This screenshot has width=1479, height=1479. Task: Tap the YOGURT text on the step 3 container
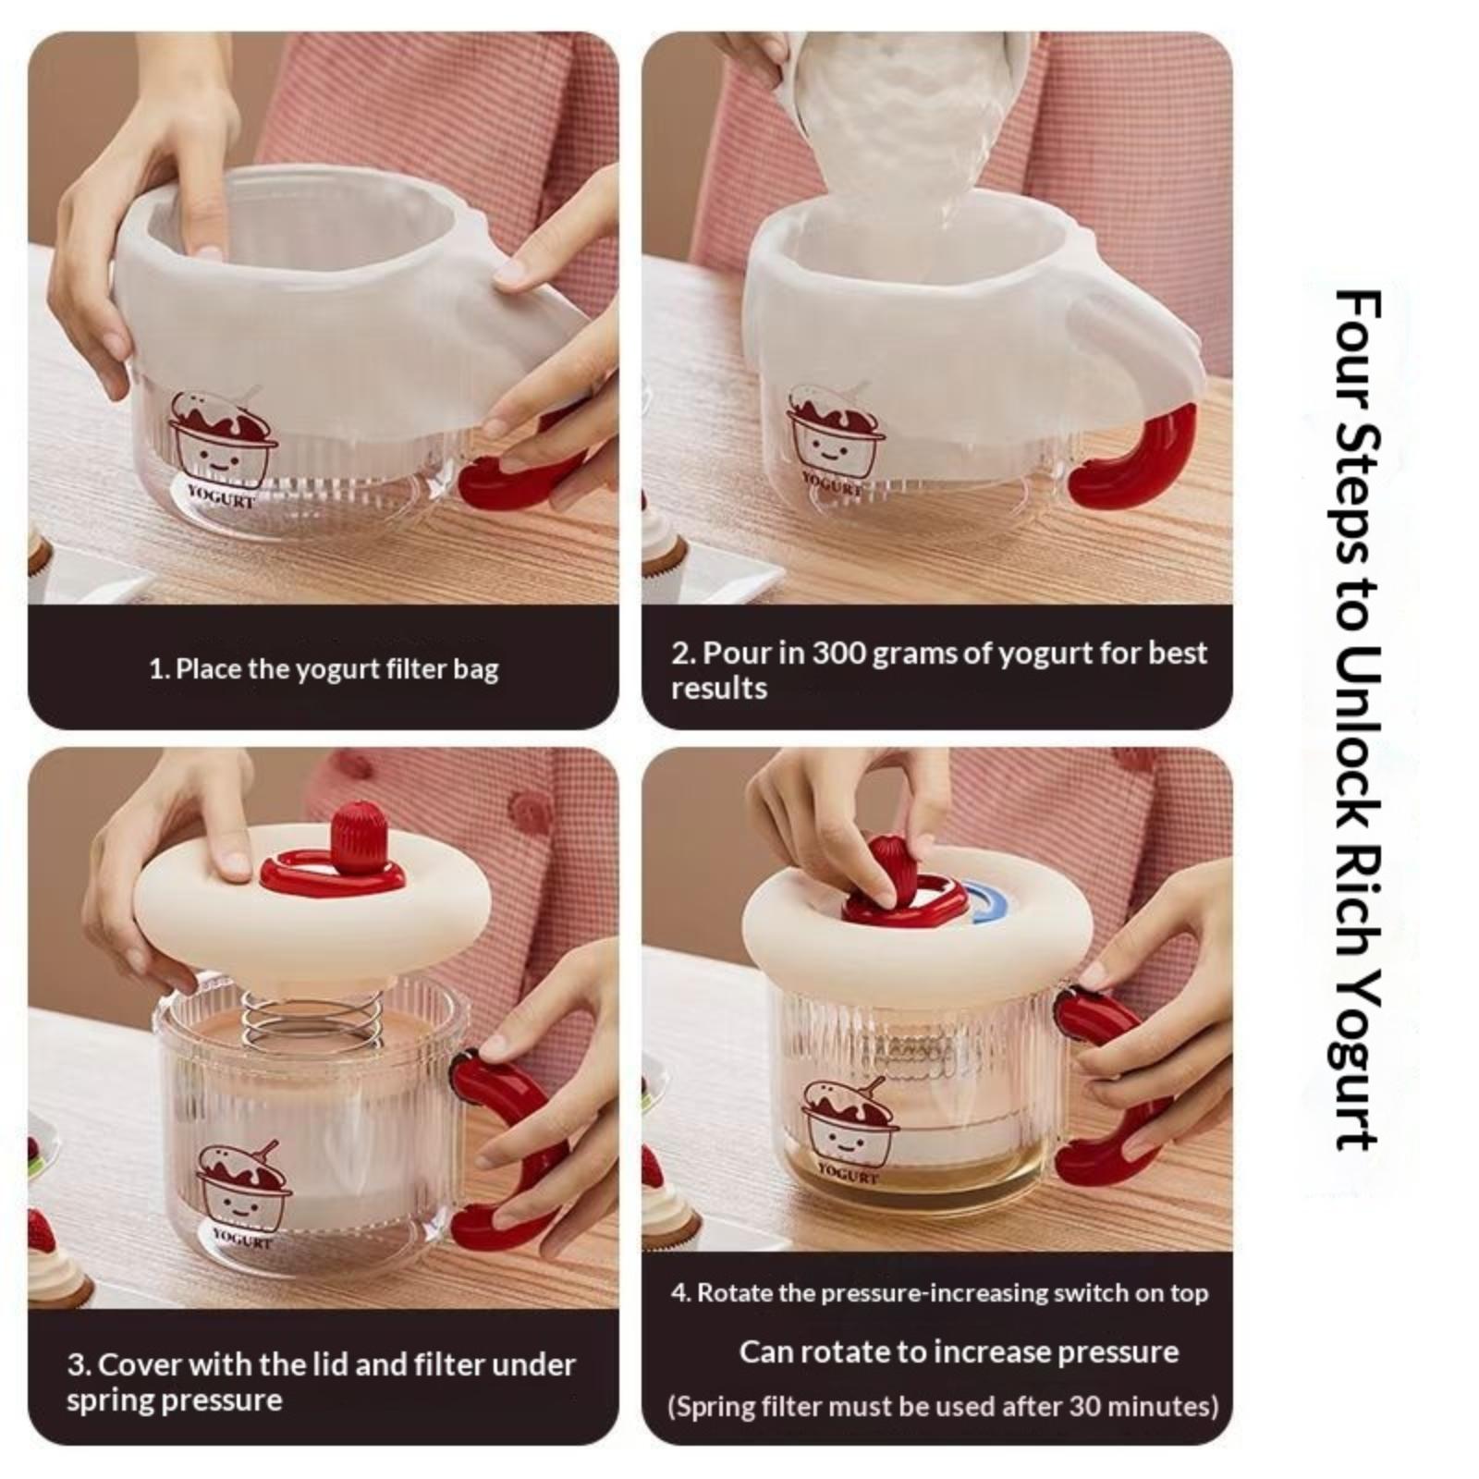(x=242, y=1239)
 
